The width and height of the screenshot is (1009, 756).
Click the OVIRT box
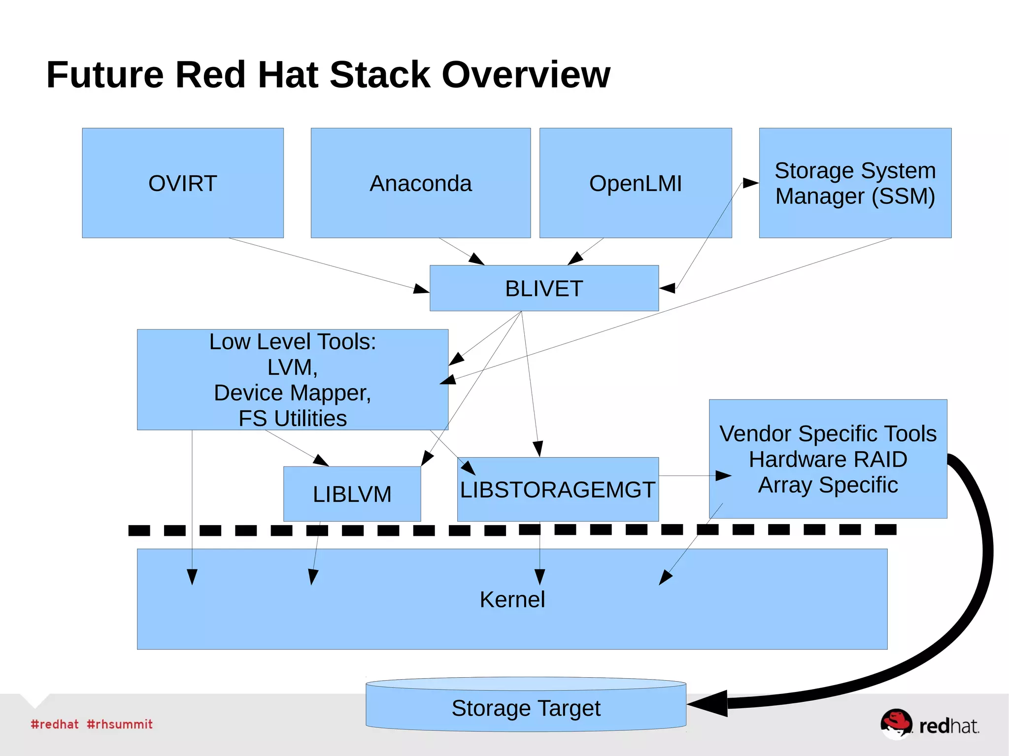point(183,183)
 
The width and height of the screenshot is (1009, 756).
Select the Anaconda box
point(420,183)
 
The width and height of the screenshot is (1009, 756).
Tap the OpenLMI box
point(636,183)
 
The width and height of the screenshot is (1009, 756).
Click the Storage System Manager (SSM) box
point(855,183)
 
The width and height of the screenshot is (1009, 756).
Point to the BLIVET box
point(544,288)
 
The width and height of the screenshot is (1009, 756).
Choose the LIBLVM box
point(352,494)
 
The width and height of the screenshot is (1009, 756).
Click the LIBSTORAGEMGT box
point(557,490)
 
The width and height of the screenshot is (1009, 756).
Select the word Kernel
point(512,599)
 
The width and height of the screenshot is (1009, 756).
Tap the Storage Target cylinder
point(526,708)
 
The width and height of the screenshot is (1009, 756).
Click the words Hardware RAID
point(828,459)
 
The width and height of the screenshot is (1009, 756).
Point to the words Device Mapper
point(292,393)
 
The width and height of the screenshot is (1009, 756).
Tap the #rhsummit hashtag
point(120,724)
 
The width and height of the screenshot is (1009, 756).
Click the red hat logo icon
point(897,723)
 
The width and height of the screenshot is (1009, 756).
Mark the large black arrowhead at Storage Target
point(709,703)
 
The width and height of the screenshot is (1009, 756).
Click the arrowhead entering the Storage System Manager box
point(750,183)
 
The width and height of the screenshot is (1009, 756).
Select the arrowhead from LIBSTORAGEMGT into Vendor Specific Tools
point(723,476)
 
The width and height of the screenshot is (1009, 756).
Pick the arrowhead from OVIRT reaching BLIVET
point(421,289)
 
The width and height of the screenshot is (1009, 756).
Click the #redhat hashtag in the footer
point(54,724)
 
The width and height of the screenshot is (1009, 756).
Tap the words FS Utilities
point(292,418)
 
